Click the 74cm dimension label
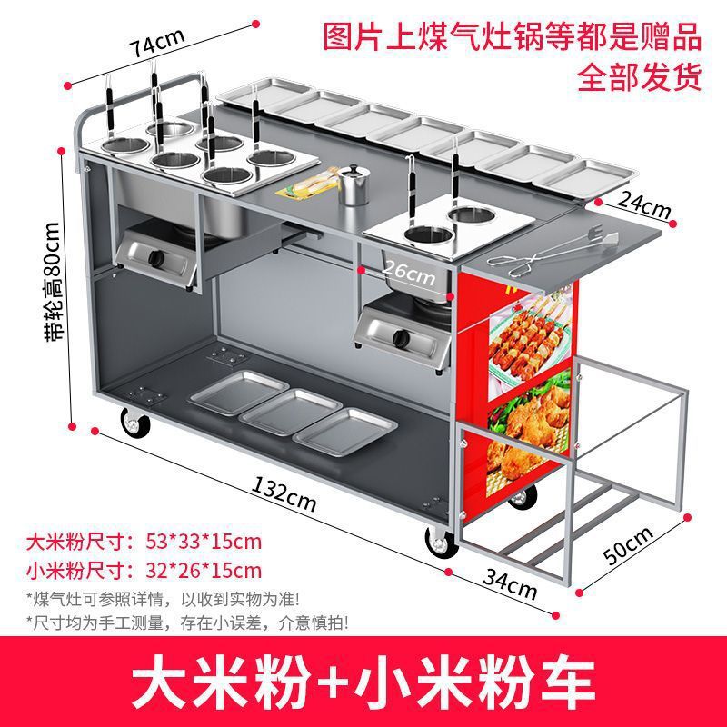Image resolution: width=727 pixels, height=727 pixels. point(157,42)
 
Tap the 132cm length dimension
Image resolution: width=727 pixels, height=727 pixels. point(284,493)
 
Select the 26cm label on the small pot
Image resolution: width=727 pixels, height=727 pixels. point(408,274)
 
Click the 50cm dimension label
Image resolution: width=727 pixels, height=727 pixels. point(628,545)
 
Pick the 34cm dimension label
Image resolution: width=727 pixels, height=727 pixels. point(510,584)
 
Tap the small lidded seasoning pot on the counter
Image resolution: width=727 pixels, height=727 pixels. point(354,184)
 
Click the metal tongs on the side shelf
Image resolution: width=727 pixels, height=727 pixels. point(552,251)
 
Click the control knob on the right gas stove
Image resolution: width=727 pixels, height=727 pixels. point(400,337)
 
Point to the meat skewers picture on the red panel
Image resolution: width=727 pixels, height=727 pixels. point(530,338)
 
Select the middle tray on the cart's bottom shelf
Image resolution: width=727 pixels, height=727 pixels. point(291,413)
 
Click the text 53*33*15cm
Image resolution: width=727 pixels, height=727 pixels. point(204,541)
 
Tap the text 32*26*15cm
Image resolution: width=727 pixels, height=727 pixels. point(204,571)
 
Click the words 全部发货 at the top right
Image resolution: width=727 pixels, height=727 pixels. point(640,76)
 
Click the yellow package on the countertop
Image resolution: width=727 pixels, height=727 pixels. point(306,184)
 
